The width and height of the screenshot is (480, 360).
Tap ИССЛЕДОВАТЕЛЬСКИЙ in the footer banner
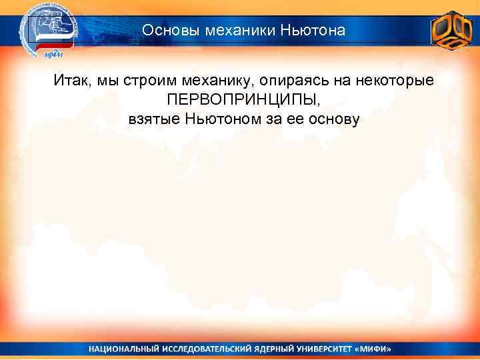coord(209,349)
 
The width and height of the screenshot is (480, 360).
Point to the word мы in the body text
coord(106,81)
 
